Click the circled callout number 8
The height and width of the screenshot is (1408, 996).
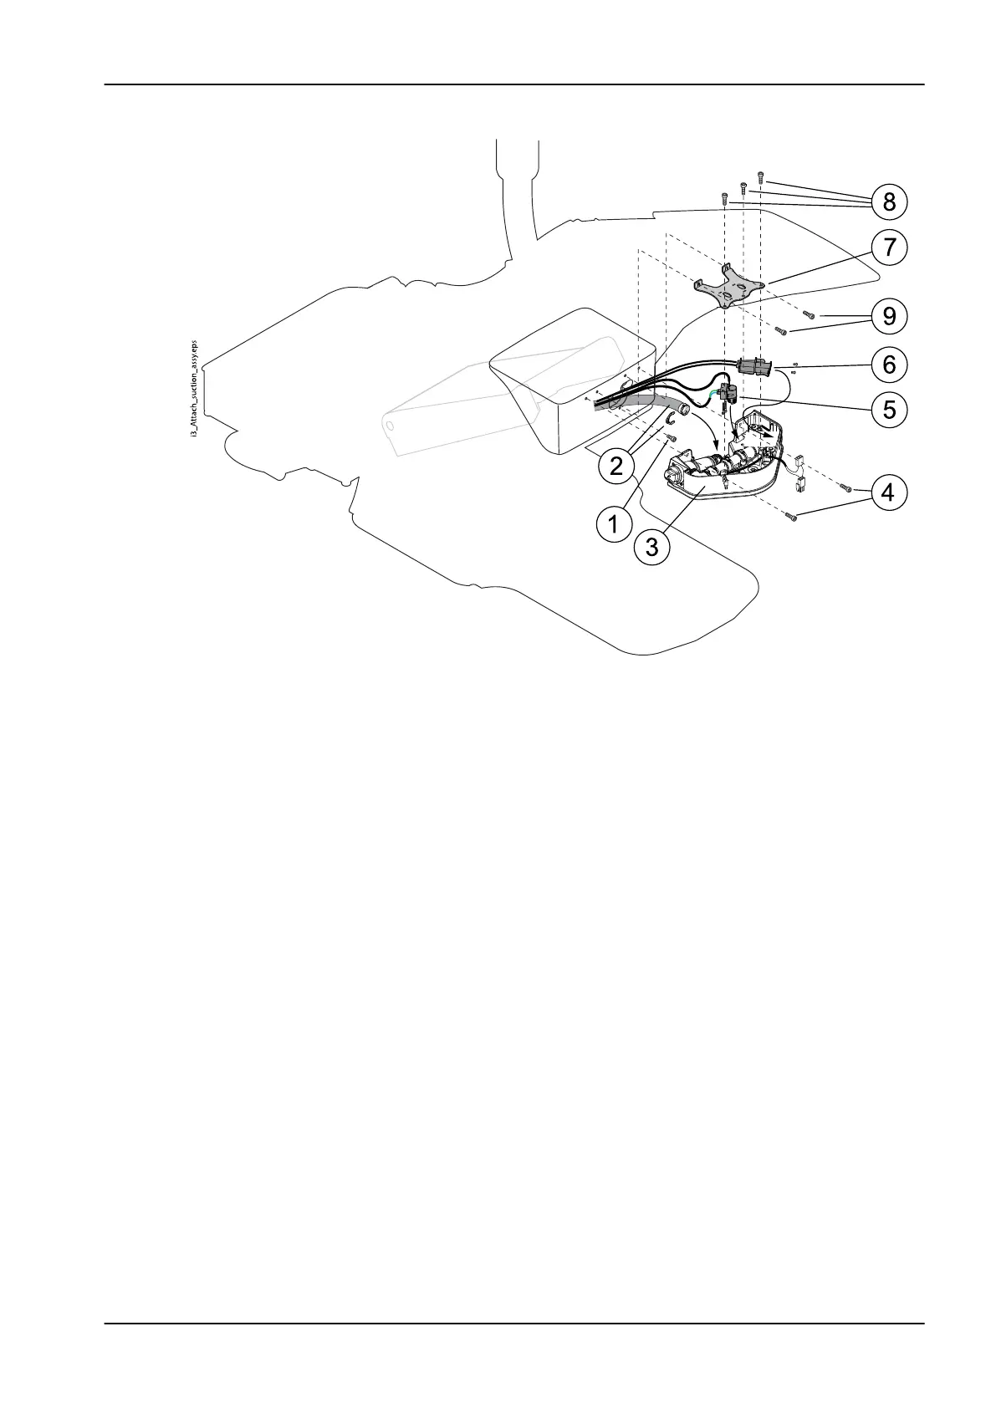click(x=888, y=201)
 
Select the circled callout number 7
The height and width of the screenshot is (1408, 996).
click(x=888, y=247)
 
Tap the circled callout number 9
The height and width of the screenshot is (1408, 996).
click(x=888, y=316)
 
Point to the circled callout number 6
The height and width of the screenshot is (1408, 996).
click(x=888, y=365)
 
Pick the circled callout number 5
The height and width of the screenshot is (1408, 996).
click(x=888, y=410)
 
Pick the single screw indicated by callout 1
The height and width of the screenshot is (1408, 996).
click(x=672, y=437)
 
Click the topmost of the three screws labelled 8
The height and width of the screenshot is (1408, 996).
click(x=760, y=176)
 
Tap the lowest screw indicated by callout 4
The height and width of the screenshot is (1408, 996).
click(x=792, y=518)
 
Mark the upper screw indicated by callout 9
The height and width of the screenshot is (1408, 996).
click(x=809, y=314)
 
